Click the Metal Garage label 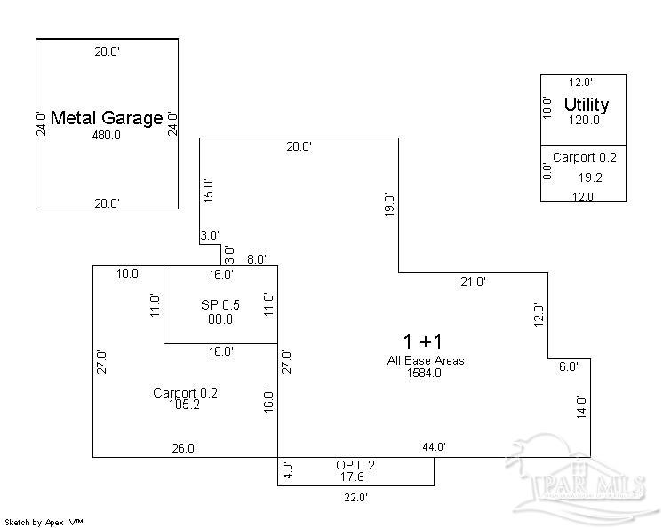[107, 118]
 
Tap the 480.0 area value [107, 135]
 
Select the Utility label [587, 105]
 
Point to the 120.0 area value [584, 121]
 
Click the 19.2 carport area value [590, 177]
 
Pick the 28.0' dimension [299, 147]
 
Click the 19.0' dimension [389, 205]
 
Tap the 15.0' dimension [209, 192]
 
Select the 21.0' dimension [473, 281]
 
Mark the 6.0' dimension [568, 366]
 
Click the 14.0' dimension [582, 407]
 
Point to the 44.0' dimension [435, 447]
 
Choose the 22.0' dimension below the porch [355, 498]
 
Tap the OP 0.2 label [355, 465]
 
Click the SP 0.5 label [220, 304]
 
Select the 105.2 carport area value [184, 405]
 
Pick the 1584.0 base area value [424, 373]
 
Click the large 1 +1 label [422, 341]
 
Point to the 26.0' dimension [184, 448]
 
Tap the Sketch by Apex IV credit [44, 523]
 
